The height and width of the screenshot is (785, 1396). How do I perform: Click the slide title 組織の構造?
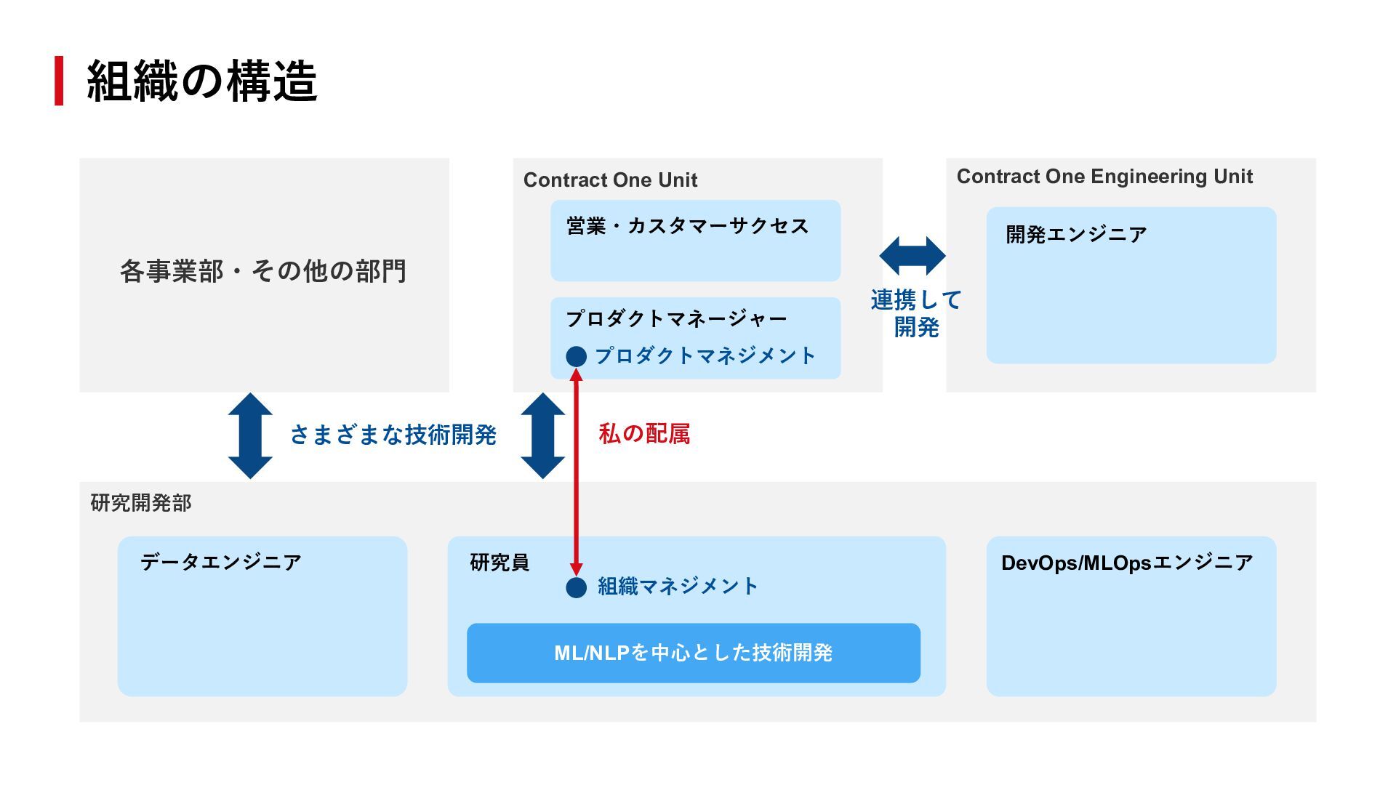201,81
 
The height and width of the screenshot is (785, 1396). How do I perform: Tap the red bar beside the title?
59,81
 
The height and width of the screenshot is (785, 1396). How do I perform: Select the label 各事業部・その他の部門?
263,271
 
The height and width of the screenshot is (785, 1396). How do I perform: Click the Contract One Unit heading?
610,180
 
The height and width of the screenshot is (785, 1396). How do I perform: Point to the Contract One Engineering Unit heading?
1104,176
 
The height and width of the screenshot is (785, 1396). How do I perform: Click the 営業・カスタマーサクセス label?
687,226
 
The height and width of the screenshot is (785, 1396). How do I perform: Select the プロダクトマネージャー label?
676,318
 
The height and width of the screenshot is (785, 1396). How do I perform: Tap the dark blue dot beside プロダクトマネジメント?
576,356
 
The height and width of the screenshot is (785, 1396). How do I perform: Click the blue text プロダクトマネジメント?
705,355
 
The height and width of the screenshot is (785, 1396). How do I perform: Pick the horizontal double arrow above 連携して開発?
912,255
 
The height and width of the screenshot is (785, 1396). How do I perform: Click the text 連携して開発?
916,313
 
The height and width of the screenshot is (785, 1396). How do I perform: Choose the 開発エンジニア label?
1076,234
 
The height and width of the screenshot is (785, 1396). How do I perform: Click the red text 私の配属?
644,434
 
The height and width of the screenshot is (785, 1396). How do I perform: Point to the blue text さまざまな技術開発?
393,435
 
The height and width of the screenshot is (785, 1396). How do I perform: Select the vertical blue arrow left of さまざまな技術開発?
250,435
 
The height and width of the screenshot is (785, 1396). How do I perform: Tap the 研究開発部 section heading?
141,503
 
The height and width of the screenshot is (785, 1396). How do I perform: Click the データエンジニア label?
220,562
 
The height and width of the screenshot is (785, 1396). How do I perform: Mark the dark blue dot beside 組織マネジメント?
576,587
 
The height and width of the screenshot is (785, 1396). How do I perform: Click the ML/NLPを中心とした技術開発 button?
693,653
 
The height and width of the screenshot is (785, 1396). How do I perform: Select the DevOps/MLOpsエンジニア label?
1127,563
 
